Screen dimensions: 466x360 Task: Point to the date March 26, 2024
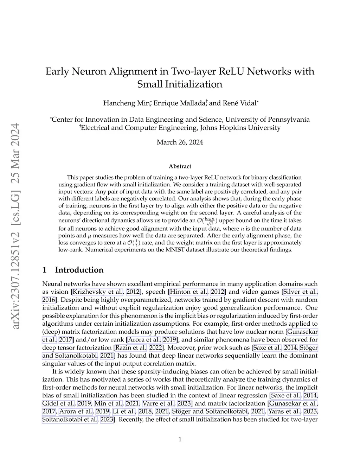click(x=180, y=142)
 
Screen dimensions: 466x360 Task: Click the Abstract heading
click(x=180, y=166)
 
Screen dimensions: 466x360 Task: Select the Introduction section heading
click(x=79, y=270)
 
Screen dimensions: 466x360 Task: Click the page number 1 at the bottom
click(x=180, y=439)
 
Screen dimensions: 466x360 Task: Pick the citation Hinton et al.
click(x=188, y=292)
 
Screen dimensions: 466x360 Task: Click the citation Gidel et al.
click(x=58, y=403)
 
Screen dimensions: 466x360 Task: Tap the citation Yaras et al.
click(x=284, y=411)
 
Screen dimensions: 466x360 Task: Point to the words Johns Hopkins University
click(x=240, y=128)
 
